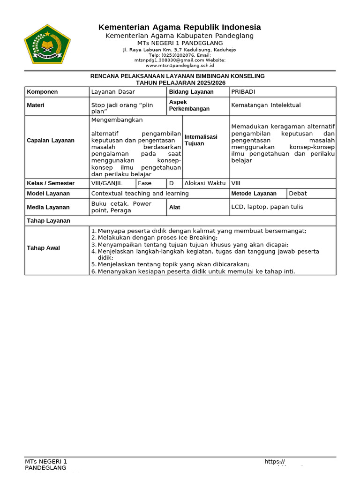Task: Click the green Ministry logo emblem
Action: coord(47,45)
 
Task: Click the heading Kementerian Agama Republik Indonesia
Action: coord(180,27)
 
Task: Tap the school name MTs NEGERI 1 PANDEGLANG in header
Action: coord(180,43)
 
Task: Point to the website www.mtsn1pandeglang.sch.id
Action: coord(180,65)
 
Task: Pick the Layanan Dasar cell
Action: coord(113,92)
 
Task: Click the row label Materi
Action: coord(36,105)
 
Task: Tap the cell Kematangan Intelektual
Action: coord(266,105)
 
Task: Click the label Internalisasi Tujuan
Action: coord(201,140)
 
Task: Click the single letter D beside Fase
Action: coord(172,183)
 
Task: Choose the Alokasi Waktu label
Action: coord(205,183)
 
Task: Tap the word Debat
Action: coord(298,193)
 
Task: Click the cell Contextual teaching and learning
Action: coord(140,193)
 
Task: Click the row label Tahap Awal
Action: coord(43,248)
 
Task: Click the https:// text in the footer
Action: coord(275,462)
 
